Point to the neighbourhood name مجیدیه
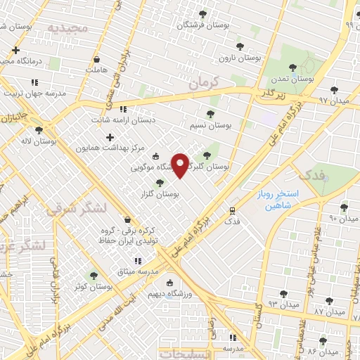tap(67, 27)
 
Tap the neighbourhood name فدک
tap(310, 174)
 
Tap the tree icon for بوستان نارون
tap(240, 46)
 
